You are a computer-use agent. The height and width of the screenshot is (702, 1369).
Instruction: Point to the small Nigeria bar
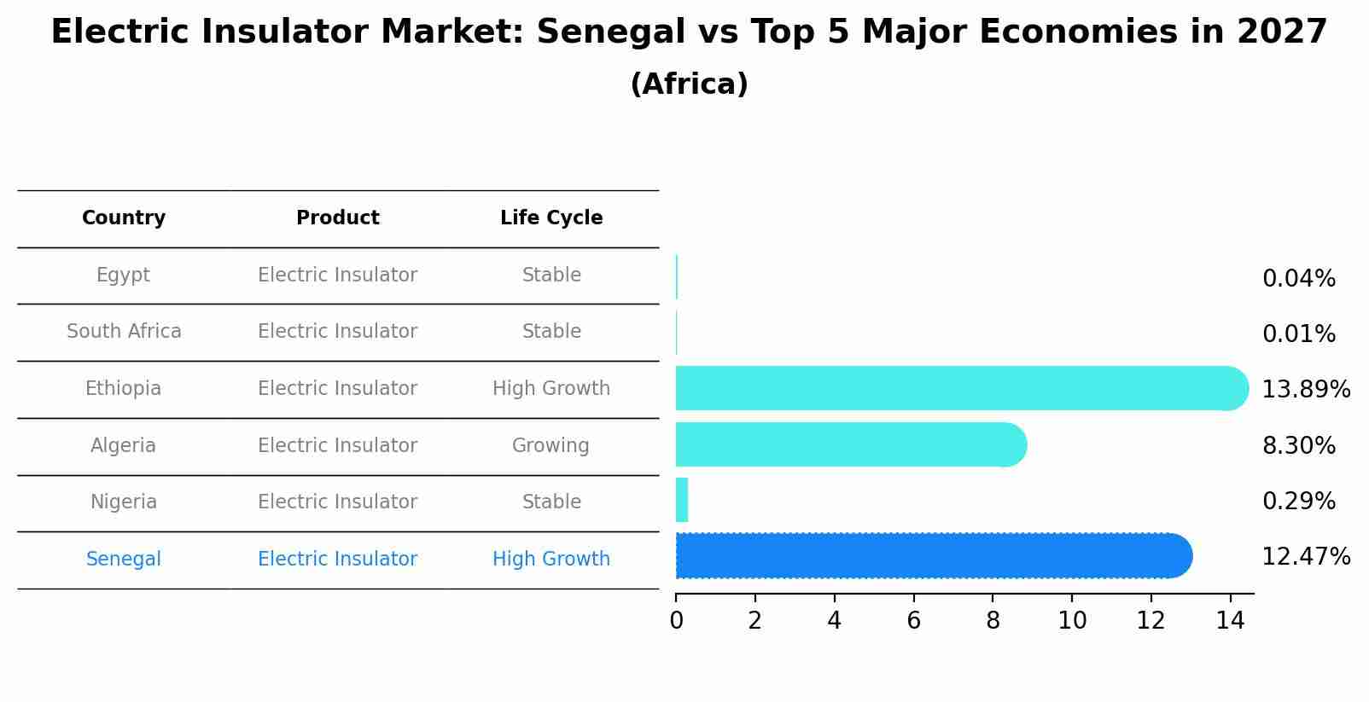[x=682, y=500]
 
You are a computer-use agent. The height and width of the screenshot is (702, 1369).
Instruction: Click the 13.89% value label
[x=1305, y=390]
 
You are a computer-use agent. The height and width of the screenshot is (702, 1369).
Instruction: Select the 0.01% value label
[x=1298, y=334]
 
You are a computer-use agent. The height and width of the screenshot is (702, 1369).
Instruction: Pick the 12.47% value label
[x=1305, y=557]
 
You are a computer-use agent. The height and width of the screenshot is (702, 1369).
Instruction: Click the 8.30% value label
[x=1298, y=445]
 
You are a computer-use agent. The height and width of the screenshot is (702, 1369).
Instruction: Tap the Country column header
[x=124, y=218]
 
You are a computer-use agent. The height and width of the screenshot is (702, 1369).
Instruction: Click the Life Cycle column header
[x=551, y=218]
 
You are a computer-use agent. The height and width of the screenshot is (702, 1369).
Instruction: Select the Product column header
[x=337, y=218]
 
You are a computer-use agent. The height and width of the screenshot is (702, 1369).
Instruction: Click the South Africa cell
[x=124, y=331]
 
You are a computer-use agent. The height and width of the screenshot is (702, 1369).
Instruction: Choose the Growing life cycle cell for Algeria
[x=551, y=445]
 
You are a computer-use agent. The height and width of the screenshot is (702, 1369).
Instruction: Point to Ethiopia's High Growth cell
[x=551, y=388]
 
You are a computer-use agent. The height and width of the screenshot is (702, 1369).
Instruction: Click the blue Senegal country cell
[x=124, y=559]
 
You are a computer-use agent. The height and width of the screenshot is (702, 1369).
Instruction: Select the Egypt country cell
[x=123, y=275]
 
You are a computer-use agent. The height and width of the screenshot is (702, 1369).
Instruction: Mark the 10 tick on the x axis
[x=1072, y=621]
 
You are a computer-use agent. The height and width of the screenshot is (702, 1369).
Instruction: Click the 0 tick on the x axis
[x=676, y=621]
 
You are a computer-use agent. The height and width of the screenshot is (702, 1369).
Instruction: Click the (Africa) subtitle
[x=689, y=84]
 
